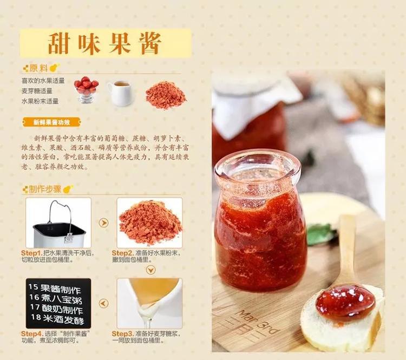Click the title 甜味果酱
click(104, 43)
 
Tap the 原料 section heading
click(38, 68)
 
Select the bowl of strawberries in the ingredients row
click(86, 90)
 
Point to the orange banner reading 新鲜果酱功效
click(52, 122)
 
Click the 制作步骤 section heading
click(45, 189)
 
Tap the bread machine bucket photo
click(58, 223)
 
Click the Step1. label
click(31, 253)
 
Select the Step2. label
click(122, 253)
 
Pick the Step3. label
click(122, 334)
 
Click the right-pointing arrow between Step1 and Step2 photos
click(103, 222)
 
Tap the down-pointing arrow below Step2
click(150, 270)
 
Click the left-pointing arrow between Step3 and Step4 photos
click(103, 303)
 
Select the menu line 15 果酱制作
click(55, 289)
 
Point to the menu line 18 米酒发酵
click(58, 318)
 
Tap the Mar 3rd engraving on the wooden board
click(258, 322)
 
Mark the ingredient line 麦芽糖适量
click(37, 91)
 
